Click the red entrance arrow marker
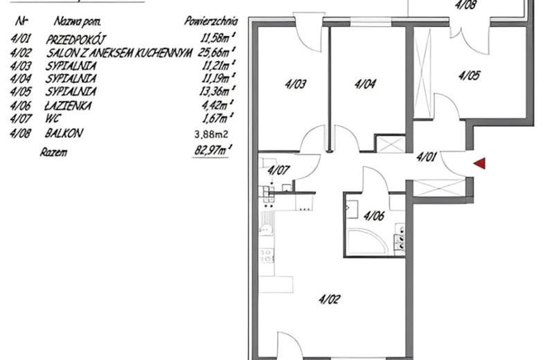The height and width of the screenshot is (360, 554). pyautogui.click(x=480, y=163)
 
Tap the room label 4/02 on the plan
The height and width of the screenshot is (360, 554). pyautogui.click(x=330, y=300)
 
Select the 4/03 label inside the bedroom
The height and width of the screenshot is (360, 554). pyautogui.click(x=295, y=84)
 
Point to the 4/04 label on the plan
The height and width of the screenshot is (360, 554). pyautogui.click(x=365, y=84)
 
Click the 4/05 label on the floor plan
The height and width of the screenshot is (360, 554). pyautogui.click(x=470, y=75)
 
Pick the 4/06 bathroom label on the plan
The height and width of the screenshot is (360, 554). pyautogui.click(x=374, y=215)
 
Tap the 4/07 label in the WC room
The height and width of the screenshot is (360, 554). pyautogui.click(x=278, y=170)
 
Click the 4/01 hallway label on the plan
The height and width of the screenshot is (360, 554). pyautogui.click(x=427, y=156)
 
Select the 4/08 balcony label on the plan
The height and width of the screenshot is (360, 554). pyautogui.click(x=465, y=5)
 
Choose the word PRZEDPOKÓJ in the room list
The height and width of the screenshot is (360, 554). pyautogui.click(x=75, y=39)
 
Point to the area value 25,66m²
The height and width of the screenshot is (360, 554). pyautogui.click(x=217, y=53)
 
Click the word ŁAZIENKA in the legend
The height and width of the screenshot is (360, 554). pyautogui.click(x=68, y=105)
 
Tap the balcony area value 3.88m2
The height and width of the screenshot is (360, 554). pyautogui.click(x=211, y=134)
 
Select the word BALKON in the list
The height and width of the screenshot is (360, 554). pyautogui.click(x=64, y=133)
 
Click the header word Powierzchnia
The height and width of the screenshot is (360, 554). pyautogui.click(x=211, y=21)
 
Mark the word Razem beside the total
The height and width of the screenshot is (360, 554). pyautogui.click(x=53, y=152)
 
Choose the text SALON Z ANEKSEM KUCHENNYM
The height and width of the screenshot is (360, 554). pyautogui.click(x=119, y=53)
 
